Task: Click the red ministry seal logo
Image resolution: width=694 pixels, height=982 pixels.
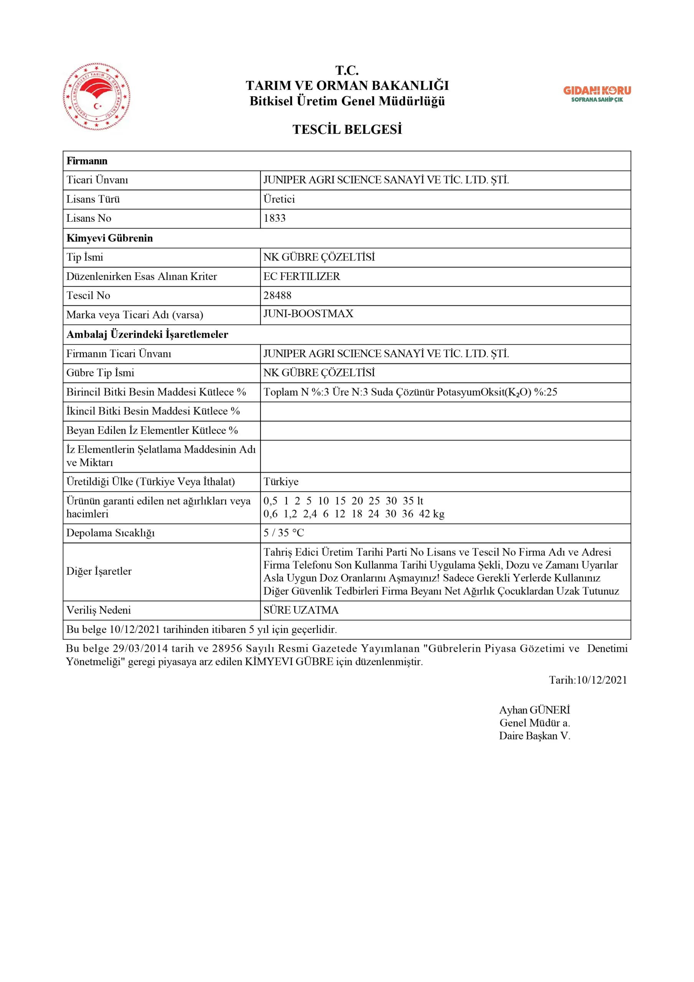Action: point(97,97)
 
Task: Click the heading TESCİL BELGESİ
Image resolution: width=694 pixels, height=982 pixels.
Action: point(347,129)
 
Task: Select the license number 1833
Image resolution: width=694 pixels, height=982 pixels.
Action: point(274,218)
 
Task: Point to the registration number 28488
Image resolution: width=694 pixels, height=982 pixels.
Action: point(277,295)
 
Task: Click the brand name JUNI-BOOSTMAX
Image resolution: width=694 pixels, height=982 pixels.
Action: point(308,314)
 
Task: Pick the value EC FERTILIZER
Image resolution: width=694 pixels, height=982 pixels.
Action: point(301,276)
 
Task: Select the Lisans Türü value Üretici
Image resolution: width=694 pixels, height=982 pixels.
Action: point(279,199)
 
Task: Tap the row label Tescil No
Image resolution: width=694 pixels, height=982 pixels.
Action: point(88,295)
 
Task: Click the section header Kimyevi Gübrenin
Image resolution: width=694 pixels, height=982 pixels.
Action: point(110,238)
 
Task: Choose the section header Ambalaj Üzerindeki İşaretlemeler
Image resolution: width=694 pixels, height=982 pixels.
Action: point(147,334)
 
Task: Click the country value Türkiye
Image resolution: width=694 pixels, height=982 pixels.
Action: point(281,481)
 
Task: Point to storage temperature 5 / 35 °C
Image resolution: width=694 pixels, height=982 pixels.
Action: point(283,533)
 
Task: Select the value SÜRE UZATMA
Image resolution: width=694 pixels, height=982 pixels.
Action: point(301,610)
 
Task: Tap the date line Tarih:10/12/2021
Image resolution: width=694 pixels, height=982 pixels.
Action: point(588,680)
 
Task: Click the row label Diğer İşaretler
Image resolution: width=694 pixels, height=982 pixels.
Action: point(99,572)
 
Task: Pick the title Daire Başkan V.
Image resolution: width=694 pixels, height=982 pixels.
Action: point(534,736)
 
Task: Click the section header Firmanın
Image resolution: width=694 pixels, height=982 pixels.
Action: point(87,161)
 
